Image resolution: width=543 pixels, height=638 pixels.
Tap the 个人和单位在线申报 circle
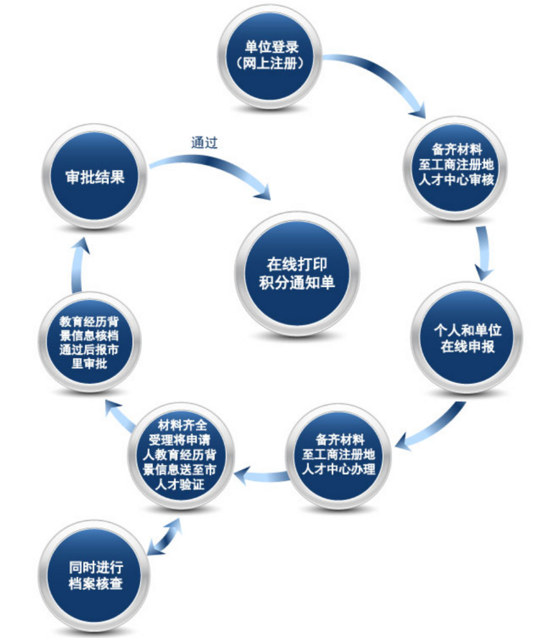tap(467, 337)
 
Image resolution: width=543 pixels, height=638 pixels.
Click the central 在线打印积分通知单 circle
tap(297, 273)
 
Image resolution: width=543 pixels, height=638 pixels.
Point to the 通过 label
tap(204, 142)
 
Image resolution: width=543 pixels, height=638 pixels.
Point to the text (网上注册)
tap(271, 63)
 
